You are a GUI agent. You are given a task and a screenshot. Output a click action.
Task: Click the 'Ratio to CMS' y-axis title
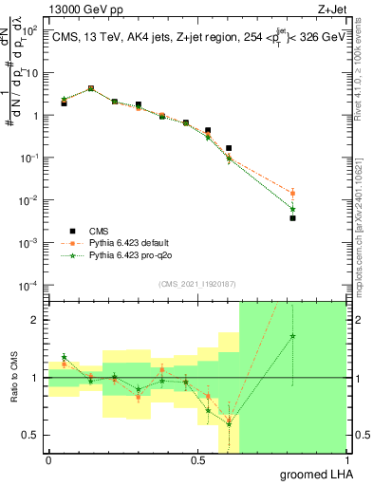coord(14,378)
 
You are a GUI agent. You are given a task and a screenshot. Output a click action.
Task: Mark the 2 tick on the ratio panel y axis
coord(35,320)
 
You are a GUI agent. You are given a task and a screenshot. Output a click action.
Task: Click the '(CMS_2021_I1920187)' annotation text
coord(197,284)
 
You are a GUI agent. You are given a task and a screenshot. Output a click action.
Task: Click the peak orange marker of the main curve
coord(90,88)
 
